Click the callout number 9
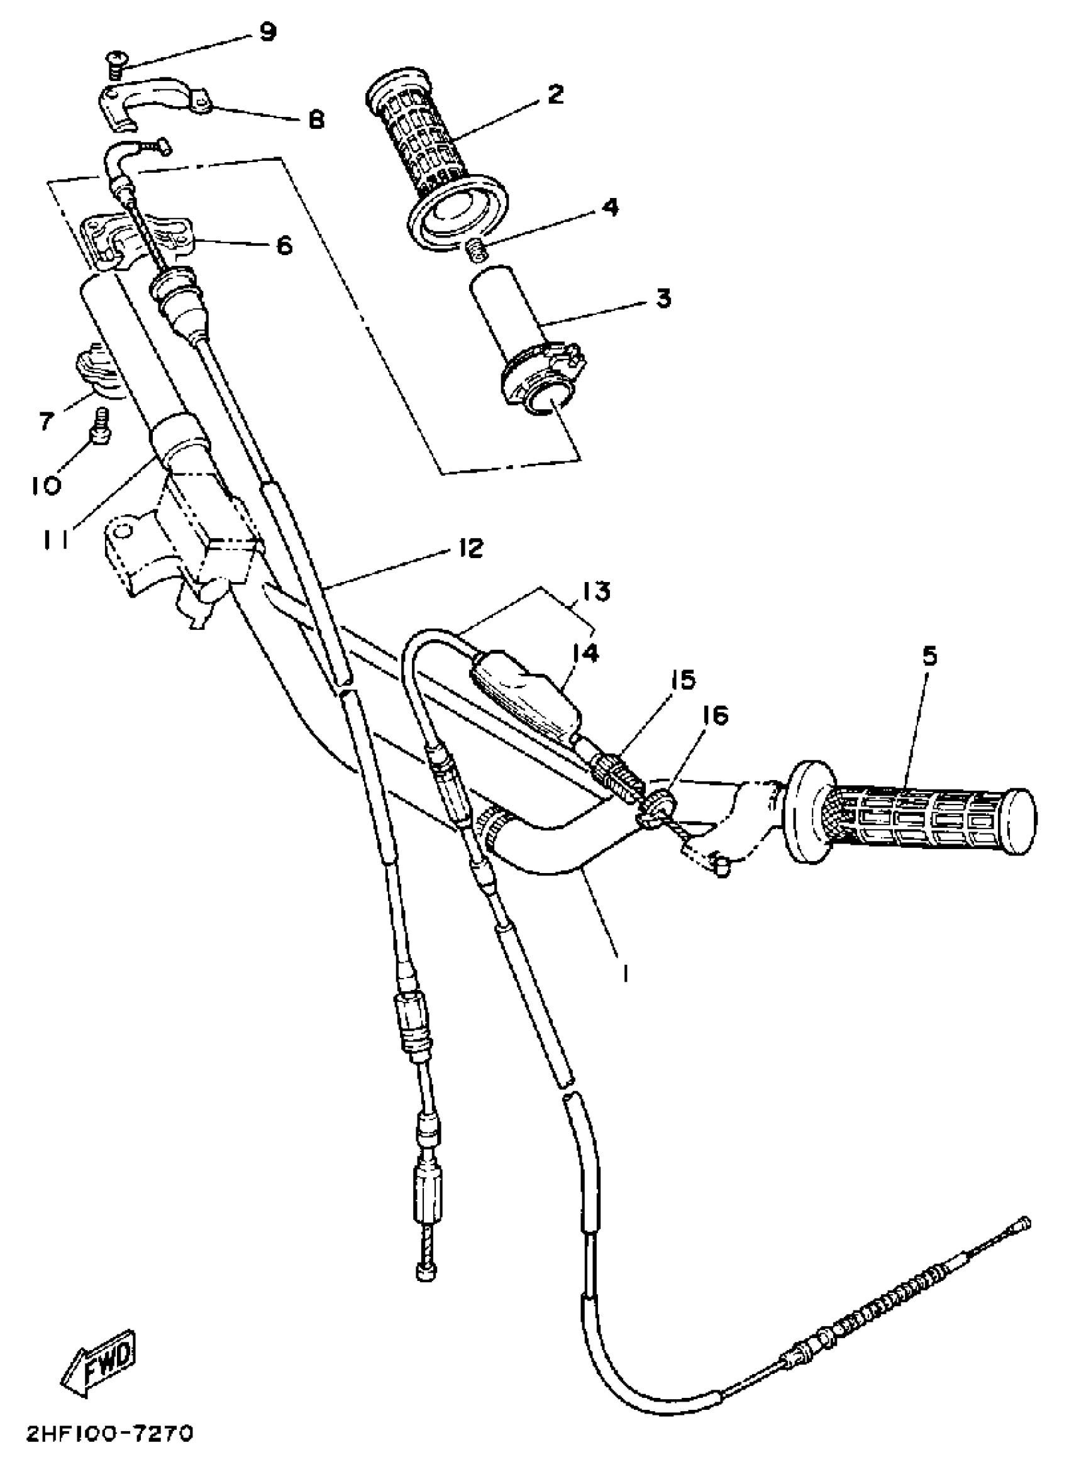(x=267, y=31)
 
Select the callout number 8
(x=316, y=119)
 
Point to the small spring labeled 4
(x=477, y=250)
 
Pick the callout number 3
(x=663, y=299)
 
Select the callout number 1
(x=624, y=974)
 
